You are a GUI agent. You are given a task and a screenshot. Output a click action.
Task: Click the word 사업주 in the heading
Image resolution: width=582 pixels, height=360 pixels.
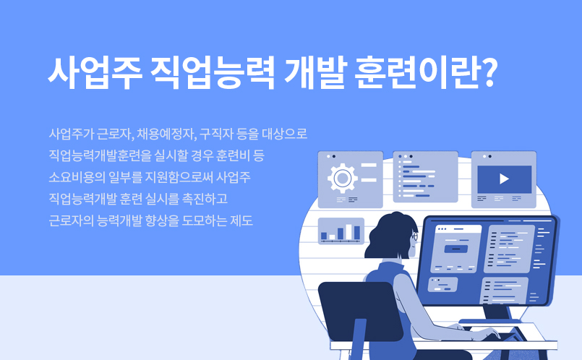(95, 73)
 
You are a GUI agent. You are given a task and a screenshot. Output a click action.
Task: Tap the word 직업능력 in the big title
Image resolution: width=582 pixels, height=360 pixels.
(213, 73)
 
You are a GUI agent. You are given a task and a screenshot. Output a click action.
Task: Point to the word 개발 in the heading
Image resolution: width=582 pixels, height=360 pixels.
(315, 73)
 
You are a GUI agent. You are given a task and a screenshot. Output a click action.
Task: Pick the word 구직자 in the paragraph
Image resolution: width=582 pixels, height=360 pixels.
(215, 134)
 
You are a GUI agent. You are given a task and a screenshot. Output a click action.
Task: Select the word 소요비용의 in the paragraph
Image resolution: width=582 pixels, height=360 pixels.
(77, 177)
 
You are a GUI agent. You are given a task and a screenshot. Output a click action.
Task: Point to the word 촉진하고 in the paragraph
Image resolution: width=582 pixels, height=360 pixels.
(205, 199)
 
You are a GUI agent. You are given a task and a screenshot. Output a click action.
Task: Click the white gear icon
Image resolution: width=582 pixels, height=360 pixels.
(342, 178)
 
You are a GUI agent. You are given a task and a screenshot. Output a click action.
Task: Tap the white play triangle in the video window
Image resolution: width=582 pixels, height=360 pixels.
(504, 179)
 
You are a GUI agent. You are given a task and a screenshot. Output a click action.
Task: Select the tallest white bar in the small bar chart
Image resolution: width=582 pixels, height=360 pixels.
(348, 231)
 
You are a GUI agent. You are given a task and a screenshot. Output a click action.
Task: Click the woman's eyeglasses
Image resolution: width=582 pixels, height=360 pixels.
(414, 236)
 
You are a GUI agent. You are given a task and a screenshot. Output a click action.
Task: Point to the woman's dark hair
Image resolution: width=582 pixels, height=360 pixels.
(390, 234)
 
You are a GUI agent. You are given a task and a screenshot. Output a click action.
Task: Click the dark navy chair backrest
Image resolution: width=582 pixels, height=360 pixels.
(360, 311)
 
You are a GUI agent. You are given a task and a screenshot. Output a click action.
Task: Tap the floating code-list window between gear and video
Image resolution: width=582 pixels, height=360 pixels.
(425, 176)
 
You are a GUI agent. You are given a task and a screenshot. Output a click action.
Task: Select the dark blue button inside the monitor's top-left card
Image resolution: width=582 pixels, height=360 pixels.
(455, 249)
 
